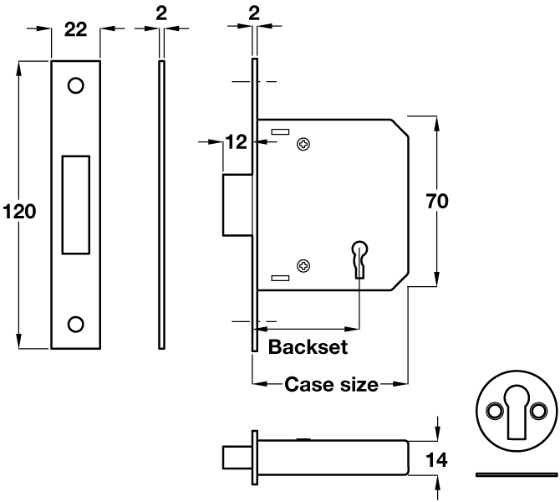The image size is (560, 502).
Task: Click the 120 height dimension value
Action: coord(18,212)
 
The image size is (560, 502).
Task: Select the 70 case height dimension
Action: coord(438,201)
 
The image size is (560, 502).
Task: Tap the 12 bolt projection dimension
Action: coord(237,142)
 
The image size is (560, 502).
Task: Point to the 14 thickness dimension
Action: coord(438,458)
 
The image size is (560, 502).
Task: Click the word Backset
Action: coord(308,347)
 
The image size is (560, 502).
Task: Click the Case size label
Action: coord(331,385)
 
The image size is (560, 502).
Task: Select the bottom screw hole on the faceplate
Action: coord(75,324)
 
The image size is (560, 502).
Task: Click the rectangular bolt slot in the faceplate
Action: coord(75,203)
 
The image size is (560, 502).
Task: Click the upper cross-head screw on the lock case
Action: coord(303,145)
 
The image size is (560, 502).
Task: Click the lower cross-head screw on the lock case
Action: coord(303,265)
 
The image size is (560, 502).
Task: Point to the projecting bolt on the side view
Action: coord(237,205)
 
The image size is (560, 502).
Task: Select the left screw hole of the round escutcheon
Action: coord(493,408)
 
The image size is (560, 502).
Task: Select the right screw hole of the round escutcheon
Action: coord(538,408)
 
